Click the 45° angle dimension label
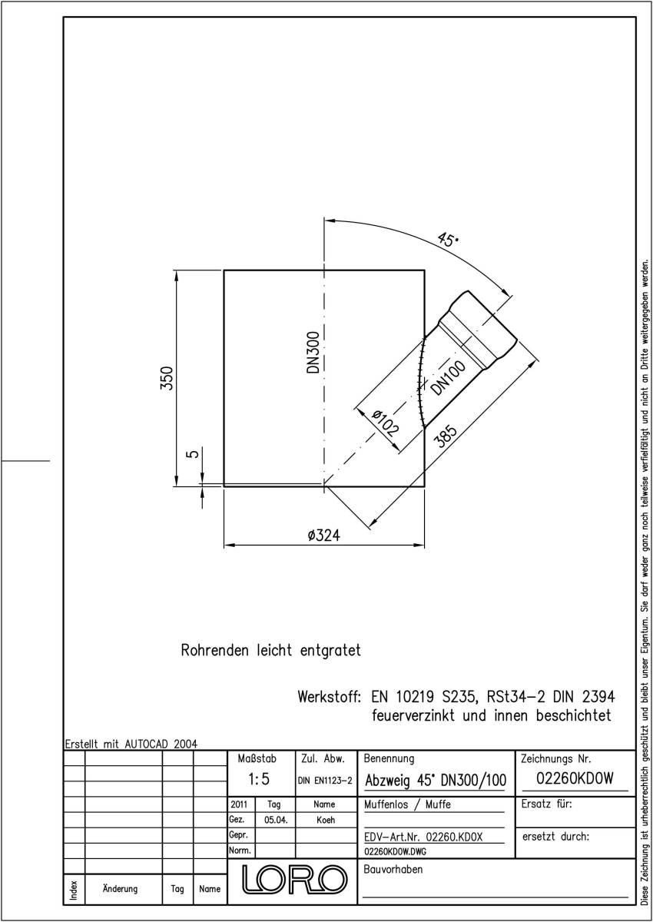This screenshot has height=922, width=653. pyautogui.click(x=448, y=239)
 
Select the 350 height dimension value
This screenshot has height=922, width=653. pyautogui.click(x=167, y=377)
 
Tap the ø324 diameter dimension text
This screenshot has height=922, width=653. pyautogui.click(x=324, y=536)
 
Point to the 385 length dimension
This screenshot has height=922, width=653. pyautogui.click(x=446, y=436)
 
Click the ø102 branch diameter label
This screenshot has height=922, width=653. pyautogui.click(x=385, y=423)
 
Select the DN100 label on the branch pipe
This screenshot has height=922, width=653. pyautogui.click(x=448, y=378)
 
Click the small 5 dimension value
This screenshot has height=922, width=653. pyautogui.click(x=193, y=453)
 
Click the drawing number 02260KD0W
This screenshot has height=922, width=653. pyautogui.click(x=575, y=778)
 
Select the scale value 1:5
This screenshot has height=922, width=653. pyautogui.click(x=259, y=779)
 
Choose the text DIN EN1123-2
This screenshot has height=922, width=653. pyautogui.click(x=325, y=781)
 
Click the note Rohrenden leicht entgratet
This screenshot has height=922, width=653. pyautogui.click(x=271, y=650)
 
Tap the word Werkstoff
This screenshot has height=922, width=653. pyautogui.click(x=329, y=697)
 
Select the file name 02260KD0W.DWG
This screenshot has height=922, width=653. pyautogui.click(x=396, y=851)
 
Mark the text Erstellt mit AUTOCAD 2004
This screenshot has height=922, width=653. pyautogui.click(x=131, y=744)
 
